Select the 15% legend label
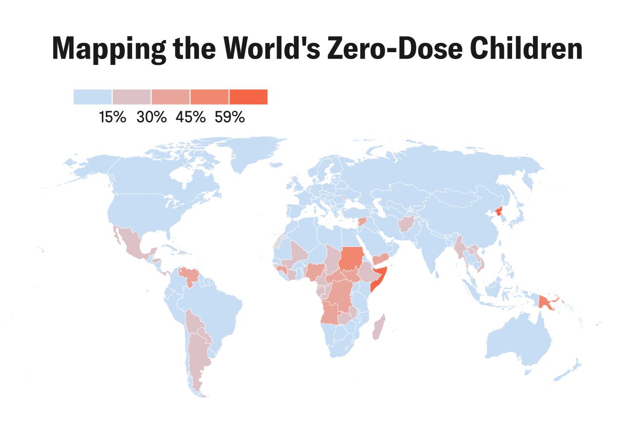click(x=113, y=118)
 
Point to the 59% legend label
click(x=229, y=118)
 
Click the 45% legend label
click(x=190, y=118)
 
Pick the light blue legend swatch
click(x=93, y=97)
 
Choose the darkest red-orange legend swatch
click(x=248, y=97)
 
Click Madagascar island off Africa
click(x=379, y=328)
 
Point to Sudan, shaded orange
click(x=351, y=258)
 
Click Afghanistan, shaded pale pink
click(x=406, y=224)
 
